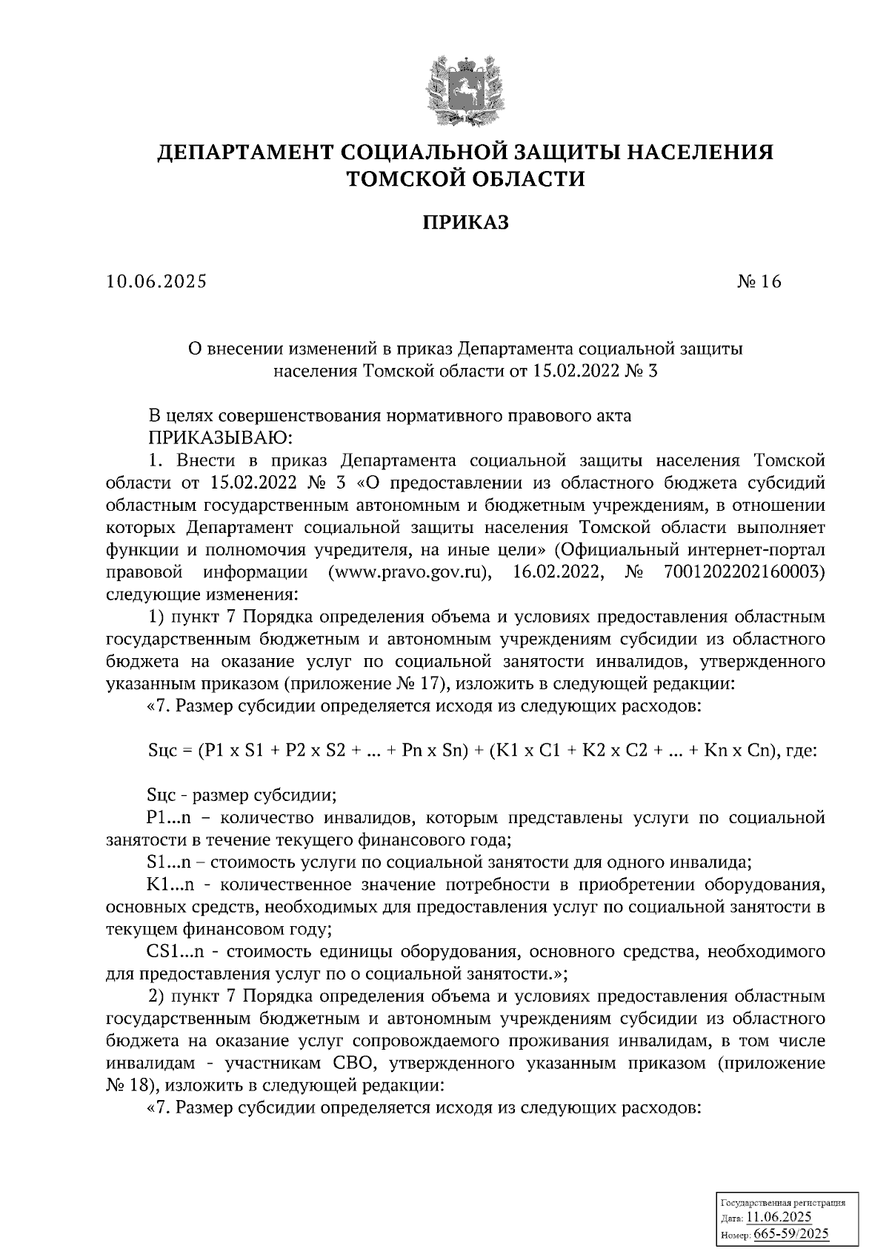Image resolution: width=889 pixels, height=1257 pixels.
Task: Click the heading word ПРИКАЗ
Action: [x=465, y=223]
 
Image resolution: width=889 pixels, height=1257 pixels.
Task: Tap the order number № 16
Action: [x=759, y=282]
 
